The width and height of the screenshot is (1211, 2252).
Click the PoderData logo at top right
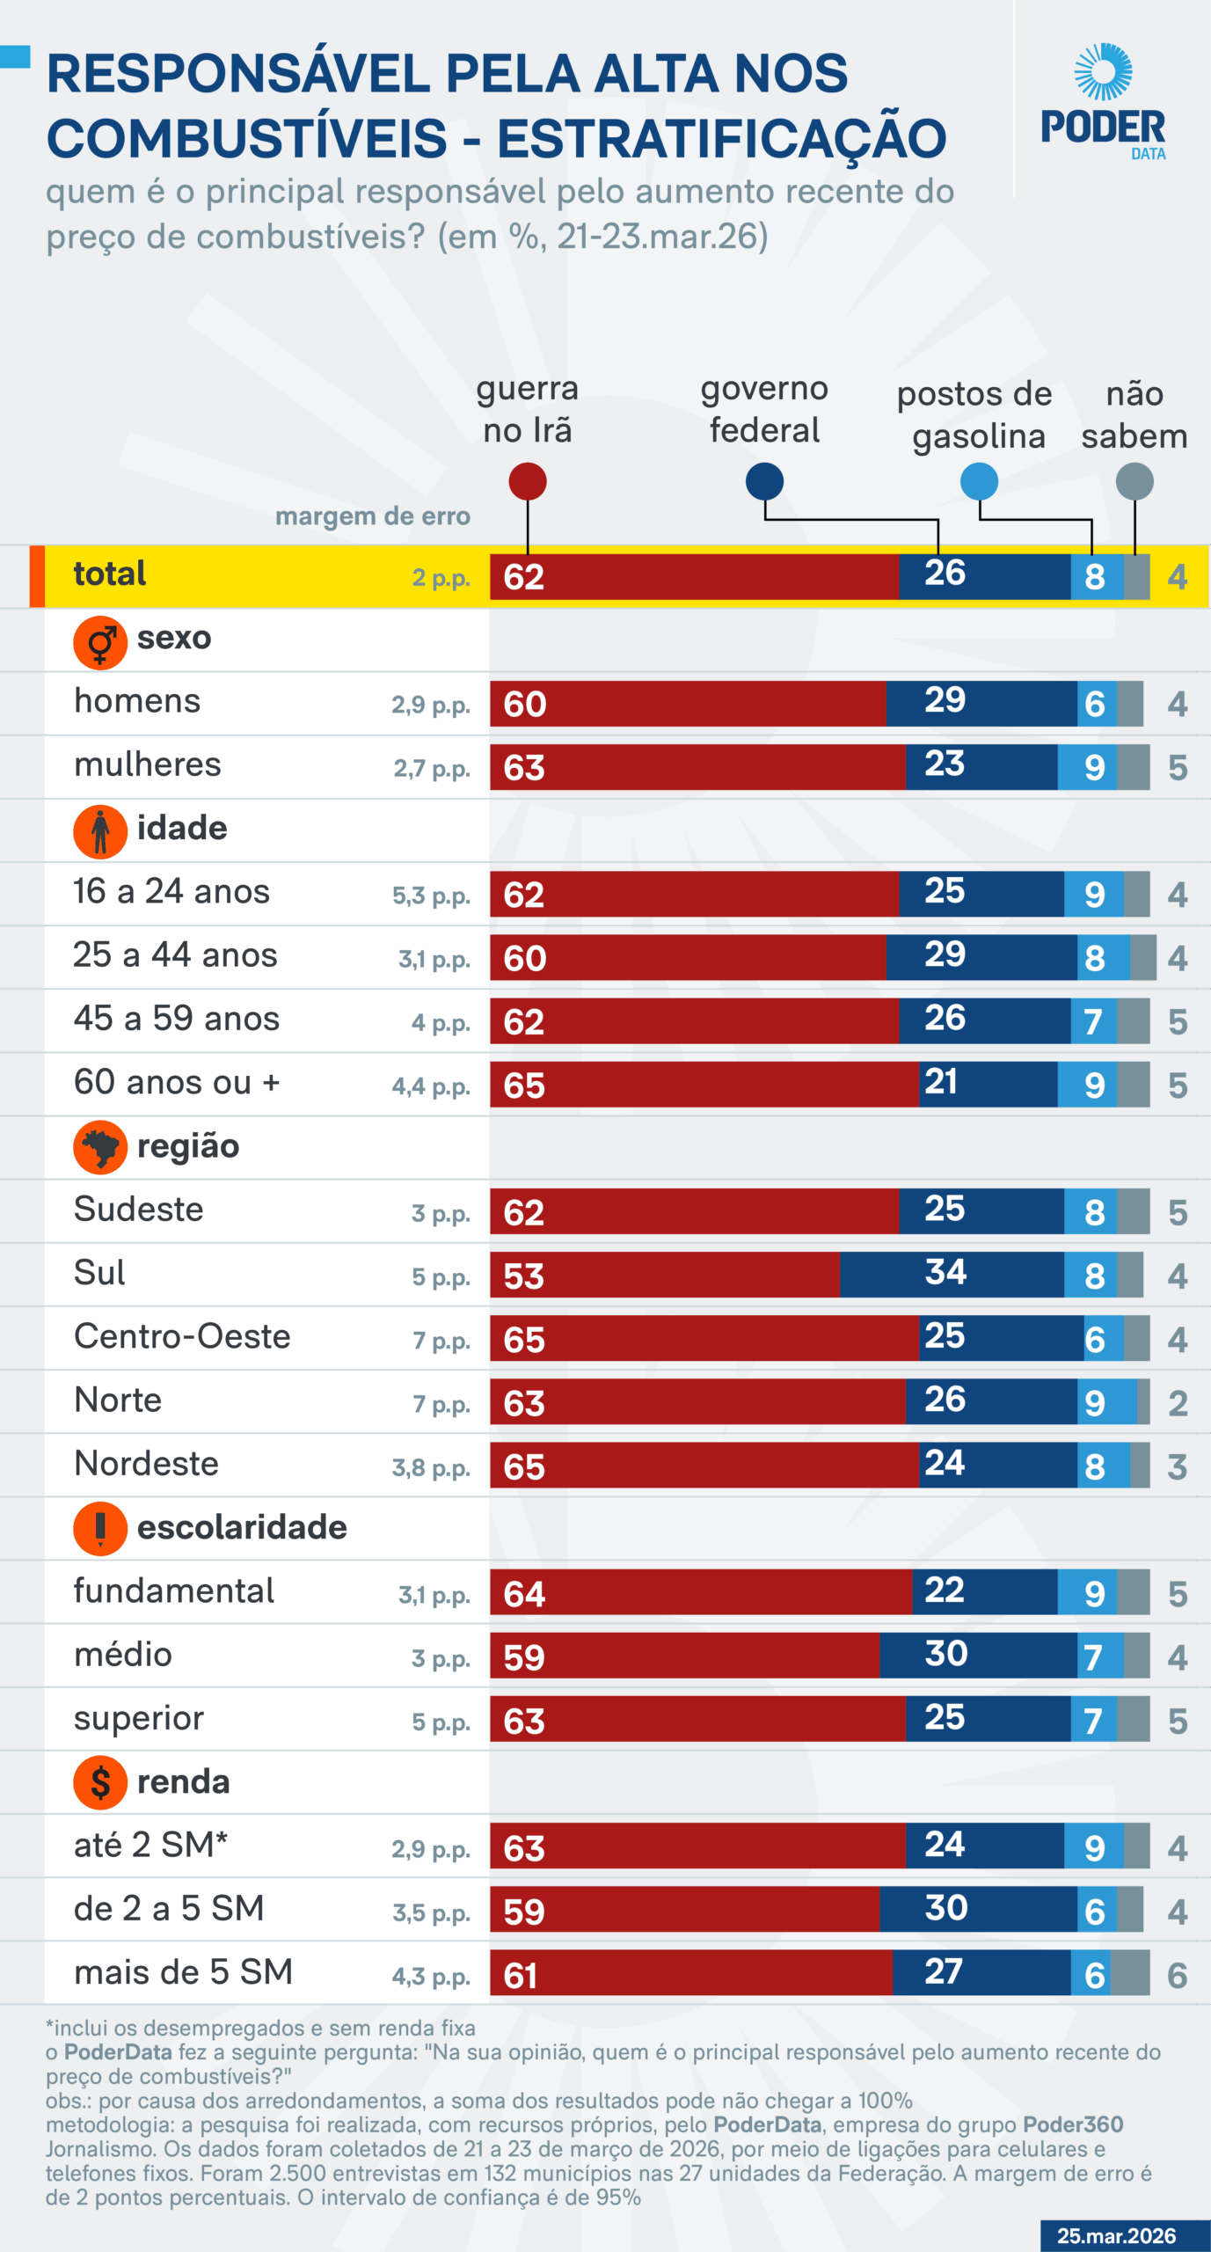[x=1103, y=102]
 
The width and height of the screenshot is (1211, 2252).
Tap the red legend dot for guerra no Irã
[x=528, y=481]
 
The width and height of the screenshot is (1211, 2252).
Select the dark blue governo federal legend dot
[x=764, y=481]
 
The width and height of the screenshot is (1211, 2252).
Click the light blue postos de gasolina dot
[x=979, y=481]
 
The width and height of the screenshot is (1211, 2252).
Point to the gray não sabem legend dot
[x=1134, y=481]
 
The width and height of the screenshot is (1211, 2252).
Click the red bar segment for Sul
[x=664, y=1275]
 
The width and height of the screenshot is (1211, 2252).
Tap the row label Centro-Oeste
[x=182, y=1336]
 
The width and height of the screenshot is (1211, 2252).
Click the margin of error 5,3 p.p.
[x=431, y=896]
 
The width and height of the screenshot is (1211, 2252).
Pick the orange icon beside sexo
[x=100, y=642]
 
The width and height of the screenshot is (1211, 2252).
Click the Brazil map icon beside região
[x=100, y=1146]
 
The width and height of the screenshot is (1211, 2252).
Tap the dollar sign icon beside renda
[x=100, y=1782]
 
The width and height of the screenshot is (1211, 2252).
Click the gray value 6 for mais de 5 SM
[x=1177, y=1975]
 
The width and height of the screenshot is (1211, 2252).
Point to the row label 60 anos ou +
[x=177, y=1082]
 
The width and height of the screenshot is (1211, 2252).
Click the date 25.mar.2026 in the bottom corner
[x=1116, y=2235]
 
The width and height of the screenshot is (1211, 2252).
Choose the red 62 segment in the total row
[x=694, y=577]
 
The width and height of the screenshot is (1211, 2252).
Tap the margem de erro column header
[x=373, y=516]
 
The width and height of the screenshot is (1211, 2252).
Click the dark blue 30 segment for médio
[x=977, y=1655]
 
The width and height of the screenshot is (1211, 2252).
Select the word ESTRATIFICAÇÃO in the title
[x=721, y=139]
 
